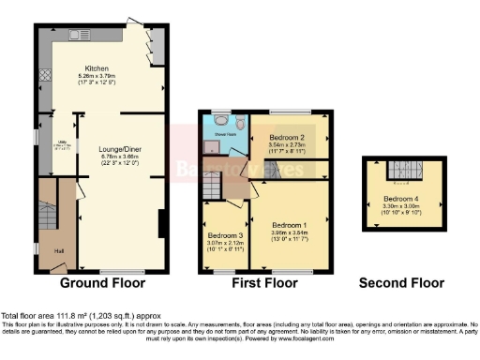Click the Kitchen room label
(x=97, y=68)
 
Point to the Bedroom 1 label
(x=289, y=226)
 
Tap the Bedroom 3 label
(x=225, y=234)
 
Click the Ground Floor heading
(x=102, y=282)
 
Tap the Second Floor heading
(x=400, y=282)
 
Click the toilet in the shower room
(x=241, y=122)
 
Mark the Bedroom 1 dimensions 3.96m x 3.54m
(x=289, y=233)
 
